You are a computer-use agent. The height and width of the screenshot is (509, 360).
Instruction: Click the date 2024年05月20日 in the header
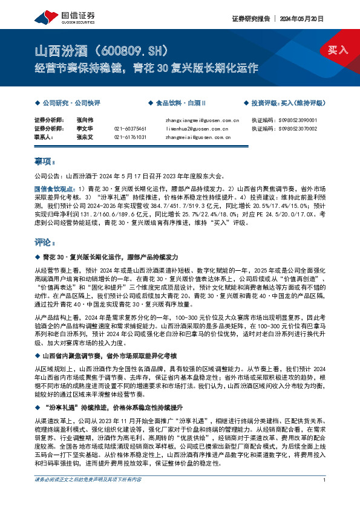(x=299, y=19)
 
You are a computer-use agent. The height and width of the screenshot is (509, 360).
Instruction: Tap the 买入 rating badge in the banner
(x=338, y=50)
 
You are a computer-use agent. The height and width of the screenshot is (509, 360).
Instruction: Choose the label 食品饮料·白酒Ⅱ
(x=180, y=104)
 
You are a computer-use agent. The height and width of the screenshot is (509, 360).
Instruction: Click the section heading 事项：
(x=45, y=161)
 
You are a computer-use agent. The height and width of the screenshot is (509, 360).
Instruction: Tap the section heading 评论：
(x=45, y=242)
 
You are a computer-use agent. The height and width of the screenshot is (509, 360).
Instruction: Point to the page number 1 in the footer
(x=325, y=496)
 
